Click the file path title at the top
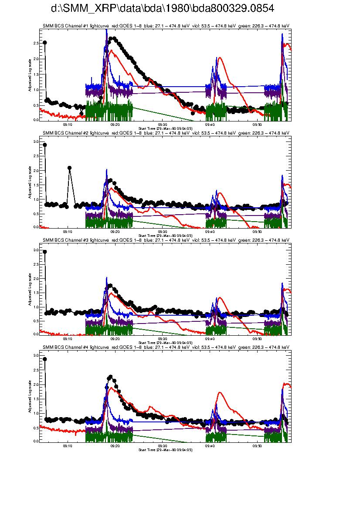tap(162, 9)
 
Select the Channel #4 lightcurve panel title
tap(166, 347)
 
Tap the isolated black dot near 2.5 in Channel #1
tap(45, 43)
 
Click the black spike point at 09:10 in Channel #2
tap(69, 168)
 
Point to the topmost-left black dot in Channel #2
tap(45, 145)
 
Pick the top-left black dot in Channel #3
tap(45, 252)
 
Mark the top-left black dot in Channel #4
tap(45, 359)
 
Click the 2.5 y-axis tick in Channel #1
tap(37, 43)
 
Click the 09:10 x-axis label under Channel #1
tap(68, 124)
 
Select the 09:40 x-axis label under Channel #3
tap(210, 338)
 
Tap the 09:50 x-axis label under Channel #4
tap(257, 445)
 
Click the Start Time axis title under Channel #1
tap(165, 128)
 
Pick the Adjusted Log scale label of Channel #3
tap(30, 289)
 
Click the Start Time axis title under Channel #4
tap(165, 449)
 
